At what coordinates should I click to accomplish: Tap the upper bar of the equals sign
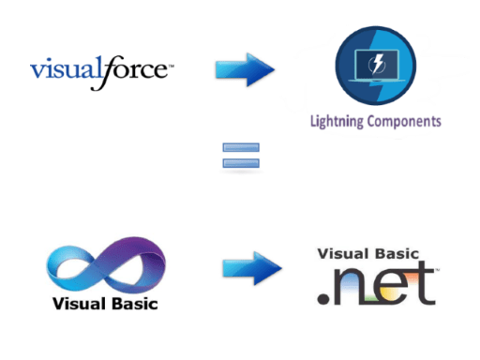click(x=241, y=147)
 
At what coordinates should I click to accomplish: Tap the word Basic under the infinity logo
click(x=132, y=304)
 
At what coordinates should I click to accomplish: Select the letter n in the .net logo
click(x=355, y=287)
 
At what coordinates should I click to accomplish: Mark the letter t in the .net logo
click(x=427, y=284)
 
